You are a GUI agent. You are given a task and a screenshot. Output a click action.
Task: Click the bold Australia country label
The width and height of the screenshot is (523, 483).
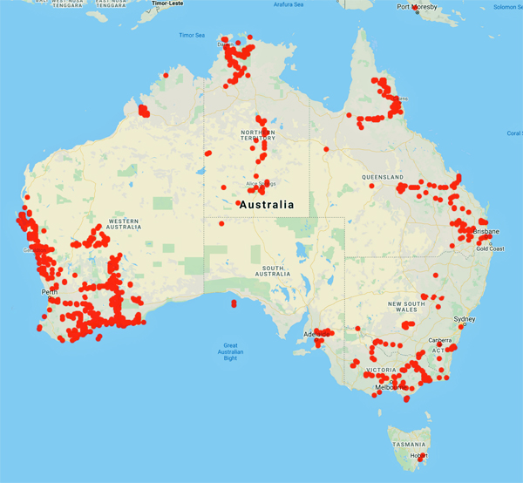pos(266,205)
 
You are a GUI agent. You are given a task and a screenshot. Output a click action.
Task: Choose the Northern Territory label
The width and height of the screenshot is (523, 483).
pos(258,134)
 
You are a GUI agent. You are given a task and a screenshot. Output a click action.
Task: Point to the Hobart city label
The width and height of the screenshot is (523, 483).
pos(420,456)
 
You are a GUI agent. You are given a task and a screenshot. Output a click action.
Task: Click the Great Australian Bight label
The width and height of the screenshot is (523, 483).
pos(230,351)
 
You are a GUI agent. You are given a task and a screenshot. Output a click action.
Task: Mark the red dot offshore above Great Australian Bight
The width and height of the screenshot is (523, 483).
pos(234,304)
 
